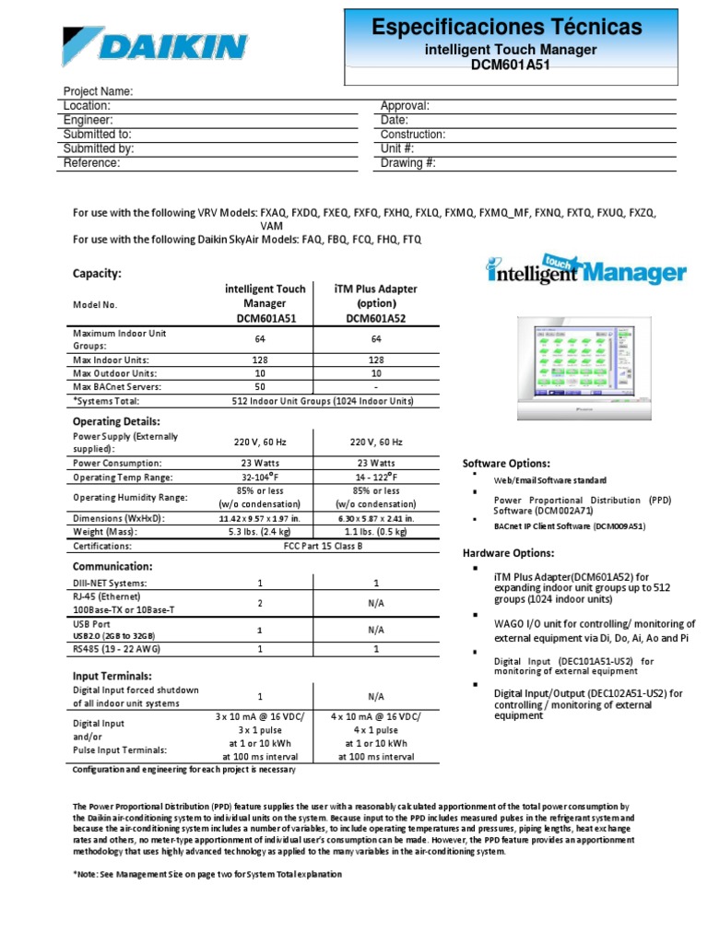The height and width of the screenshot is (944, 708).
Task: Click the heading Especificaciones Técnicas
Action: click(507, 27)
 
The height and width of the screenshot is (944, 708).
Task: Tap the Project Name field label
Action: click(98, 91)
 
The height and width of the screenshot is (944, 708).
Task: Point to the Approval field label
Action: click(405, 106)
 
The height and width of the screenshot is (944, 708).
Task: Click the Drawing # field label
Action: click(407, 163)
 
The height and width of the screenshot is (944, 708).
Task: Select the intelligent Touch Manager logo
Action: click(586, 271)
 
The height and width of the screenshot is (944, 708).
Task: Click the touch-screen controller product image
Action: click(578, 360)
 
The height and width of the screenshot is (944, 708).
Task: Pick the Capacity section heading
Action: click(97, 273)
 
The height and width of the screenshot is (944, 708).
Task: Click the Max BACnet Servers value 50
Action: click(259, 387)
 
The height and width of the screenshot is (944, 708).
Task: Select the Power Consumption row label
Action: click(117, 463)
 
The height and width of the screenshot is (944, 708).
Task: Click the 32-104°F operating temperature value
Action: click(259, 478)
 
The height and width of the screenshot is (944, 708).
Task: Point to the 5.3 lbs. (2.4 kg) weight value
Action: click(259, 532)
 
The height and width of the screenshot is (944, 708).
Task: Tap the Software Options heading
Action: click(506, 463)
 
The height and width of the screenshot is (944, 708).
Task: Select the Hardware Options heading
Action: click(508, 553)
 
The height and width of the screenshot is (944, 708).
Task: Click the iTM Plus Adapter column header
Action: click(375, 302)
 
